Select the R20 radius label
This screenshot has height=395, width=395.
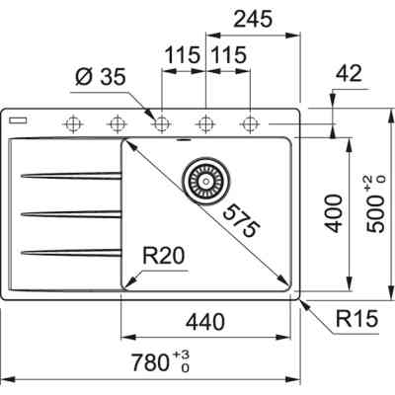click(x=164, y=258)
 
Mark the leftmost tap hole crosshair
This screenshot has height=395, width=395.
click(x=72, y=123)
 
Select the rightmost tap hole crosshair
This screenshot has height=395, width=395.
click(x=250, y=123)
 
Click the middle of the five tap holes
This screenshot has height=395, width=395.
click(x=161, y=123)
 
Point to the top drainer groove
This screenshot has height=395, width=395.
click(x=69, y=177)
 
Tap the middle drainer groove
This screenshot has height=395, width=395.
click(x=69, y=212)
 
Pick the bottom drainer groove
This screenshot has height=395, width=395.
click(x=69, y=248)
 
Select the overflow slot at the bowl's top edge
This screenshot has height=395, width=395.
click(x=184, y=140)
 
